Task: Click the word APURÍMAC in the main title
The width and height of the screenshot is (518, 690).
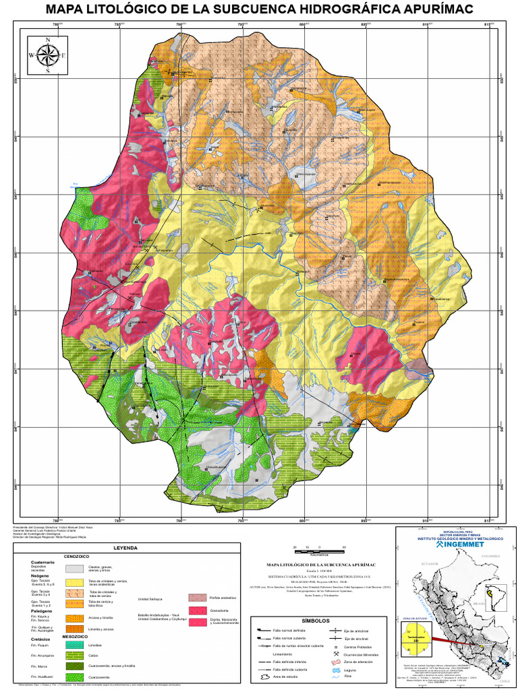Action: pyautogui.click(x=422, y=9)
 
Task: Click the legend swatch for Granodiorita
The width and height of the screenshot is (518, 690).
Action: pyautogui.click(x=198, y=610)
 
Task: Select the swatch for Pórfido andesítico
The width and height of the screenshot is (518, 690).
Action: pyautogui.click(x=198, y=598)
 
